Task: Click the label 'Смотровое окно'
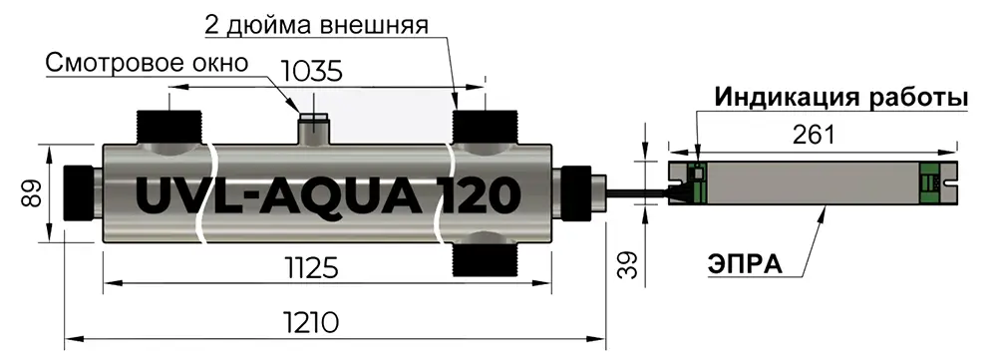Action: click(146, 63)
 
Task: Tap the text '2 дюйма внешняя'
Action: click(316, 22)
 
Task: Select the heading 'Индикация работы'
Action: click(841, 98)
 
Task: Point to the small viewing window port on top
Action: click(317, 129)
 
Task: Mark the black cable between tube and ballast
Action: click(638, 189)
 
